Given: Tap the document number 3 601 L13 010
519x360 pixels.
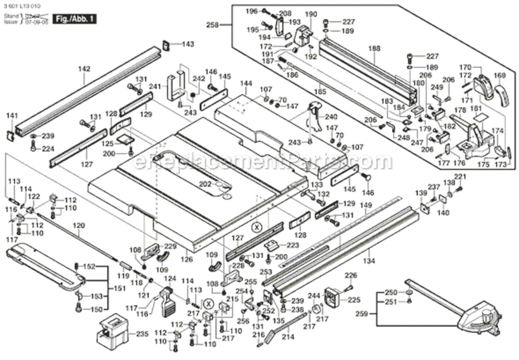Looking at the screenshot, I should pos(22,5).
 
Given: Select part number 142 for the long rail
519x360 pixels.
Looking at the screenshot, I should pos(84,69).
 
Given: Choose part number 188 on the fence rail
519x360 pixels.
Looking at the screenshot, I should pos(374,48).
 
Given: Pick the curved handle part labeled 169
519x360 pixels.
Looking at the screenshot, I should pos(501,96).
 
